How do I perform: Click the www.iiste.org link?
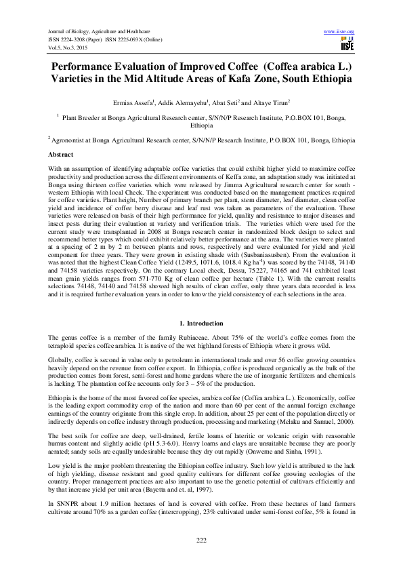[339, 32]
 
